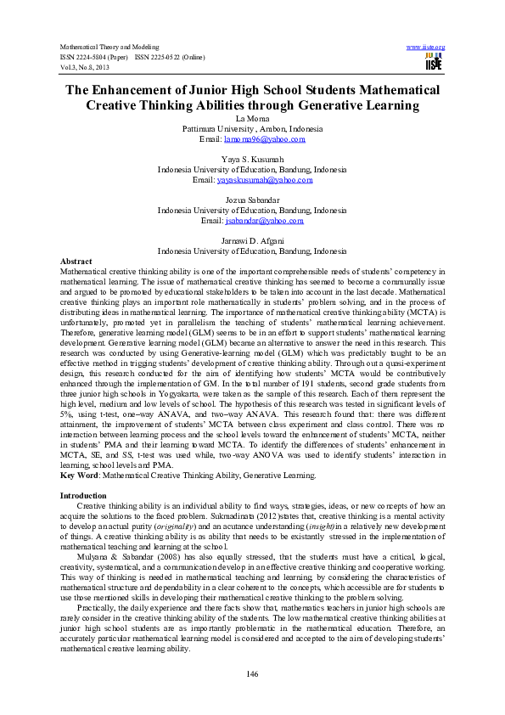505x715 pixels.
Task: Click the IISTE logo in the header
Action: [434, 62]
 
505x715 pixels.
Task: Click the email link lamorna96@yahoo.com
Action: [263, 138]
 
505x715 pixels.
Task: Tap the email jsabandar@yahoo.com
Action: [264, 221]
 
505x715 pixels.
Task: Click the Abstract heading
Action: [77, 261]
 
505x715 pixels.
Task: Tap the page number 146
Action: [252, 673]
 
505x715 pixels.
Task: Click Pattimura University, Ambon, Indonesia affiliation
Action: [252, 128]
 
